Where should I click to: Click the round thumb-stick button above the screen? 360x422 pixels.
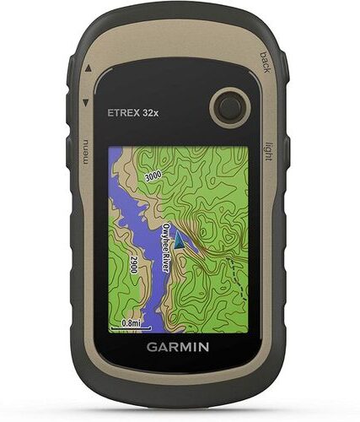tap(227, 106)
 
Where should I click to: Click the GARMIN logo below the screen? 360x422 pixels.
tap(180, 345)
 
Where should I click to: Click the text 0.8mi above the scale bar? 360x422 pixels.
tap(131, 322)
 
